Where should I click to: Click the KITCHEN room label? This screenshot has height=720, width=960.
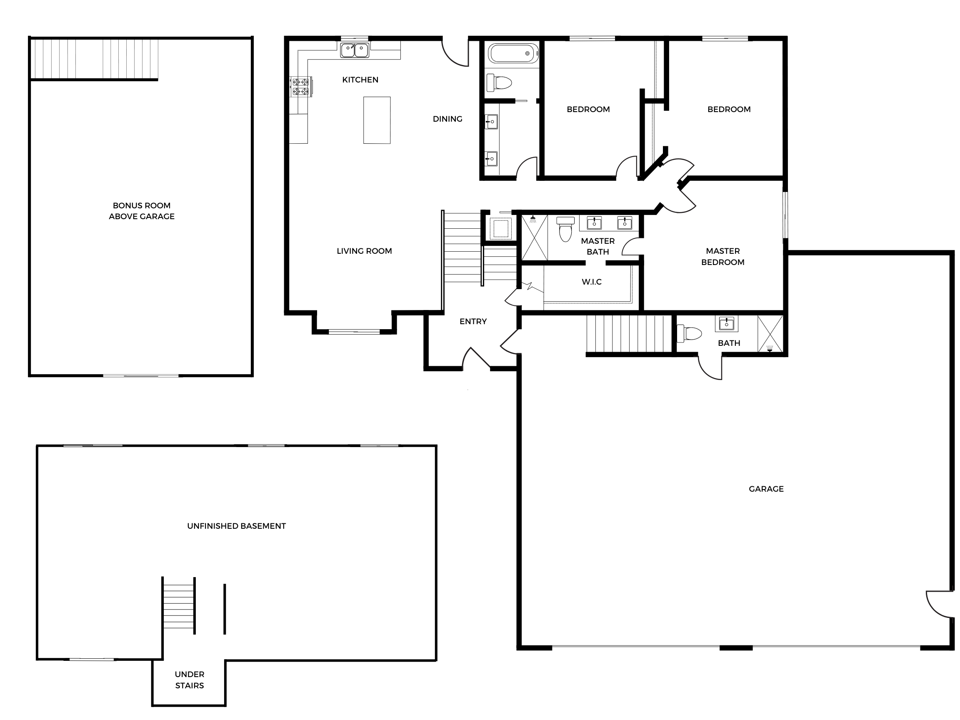tap(360, 80)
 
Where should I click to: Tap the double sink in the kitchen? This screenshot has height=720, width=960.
tap(355, 50)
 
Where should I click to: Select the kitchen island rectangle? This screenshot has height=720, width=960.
tap(377, 120)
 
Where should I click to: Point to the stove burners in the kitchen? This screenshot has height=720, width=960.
tap(300, 86)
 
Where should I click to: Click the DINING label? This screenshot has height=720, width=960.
tap(447, 119)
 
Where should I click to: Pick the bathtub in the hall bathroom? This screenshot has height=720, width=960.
tap(513, 53)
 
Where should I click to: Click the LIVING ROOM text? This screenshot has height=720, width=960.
tap(364, 251)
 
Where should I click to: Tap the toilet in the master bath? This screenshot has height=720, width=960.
tap(565, 229)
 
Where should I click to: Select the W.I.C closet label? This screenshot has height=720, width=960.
tap(592, 282)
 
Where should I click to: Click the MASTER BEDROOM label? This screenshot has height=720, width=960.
tap(722, 257)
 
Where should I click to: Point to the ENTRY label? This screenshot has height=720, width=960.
tap(473, 322)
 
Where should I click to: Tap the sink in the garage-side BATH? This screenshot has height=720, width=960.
tap(727, 323)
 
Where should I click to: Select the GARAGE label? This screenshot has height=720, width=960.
tap(766, 489)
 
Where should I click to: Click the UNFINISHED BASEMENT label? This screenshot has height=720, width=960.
tap(237, 526)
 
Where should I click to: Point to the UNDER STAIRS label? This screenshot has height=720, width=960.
tap(189, 680)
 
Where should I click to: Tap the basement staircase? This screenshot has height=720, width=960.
tap(178, 606)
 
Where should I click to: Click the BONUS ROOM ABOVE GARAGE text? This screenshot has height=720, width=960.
tap(142, 211)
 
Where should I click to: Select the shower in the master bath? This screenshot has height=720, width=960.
tap(534, 237)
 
